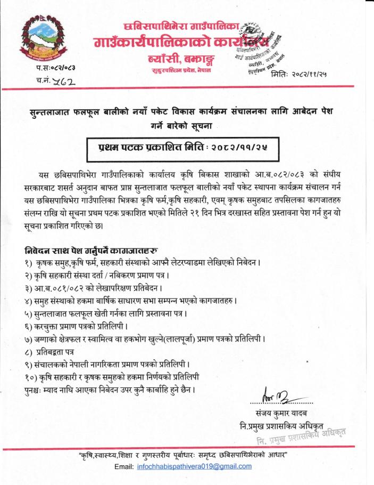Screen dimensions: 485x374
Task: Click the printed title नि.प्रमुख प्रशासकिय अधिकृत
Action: (290, 426)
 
